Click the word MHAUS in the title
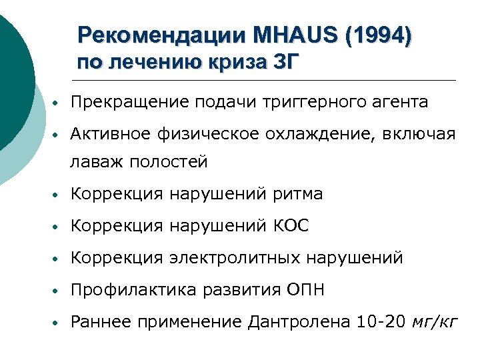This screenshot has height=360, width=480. (297, 34)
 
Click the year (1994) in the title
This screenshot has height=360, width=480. (376, 34)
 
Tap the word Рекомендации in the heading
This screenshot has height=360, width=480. (163, 34)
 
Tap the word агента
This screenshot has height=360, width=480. (401, 102)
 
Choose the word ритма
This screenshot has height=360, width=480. (298, 194)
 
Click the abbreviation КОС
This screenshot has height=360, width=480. (291, 226)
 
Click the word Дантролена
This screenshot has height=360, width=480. (299, 322)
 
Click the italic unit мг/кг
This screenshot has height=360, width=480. (435, 322)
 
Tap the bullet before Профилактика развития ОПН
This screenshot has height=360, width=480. (59, 291)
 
